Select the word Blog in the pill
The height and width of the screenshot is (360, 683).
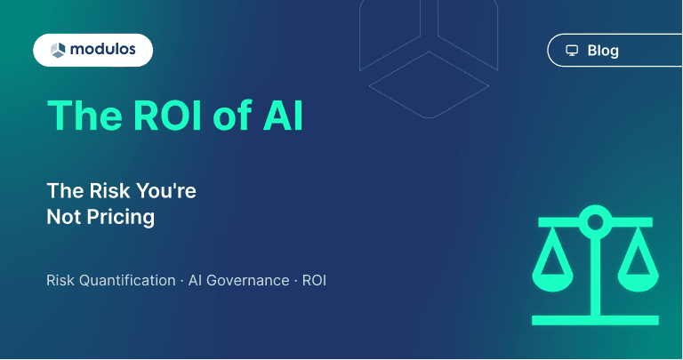[603, 51]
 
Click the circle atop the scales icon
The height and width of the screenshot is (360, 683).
[596, 222]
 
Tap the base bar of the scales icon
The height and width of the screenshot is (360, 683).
[596, 318]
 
